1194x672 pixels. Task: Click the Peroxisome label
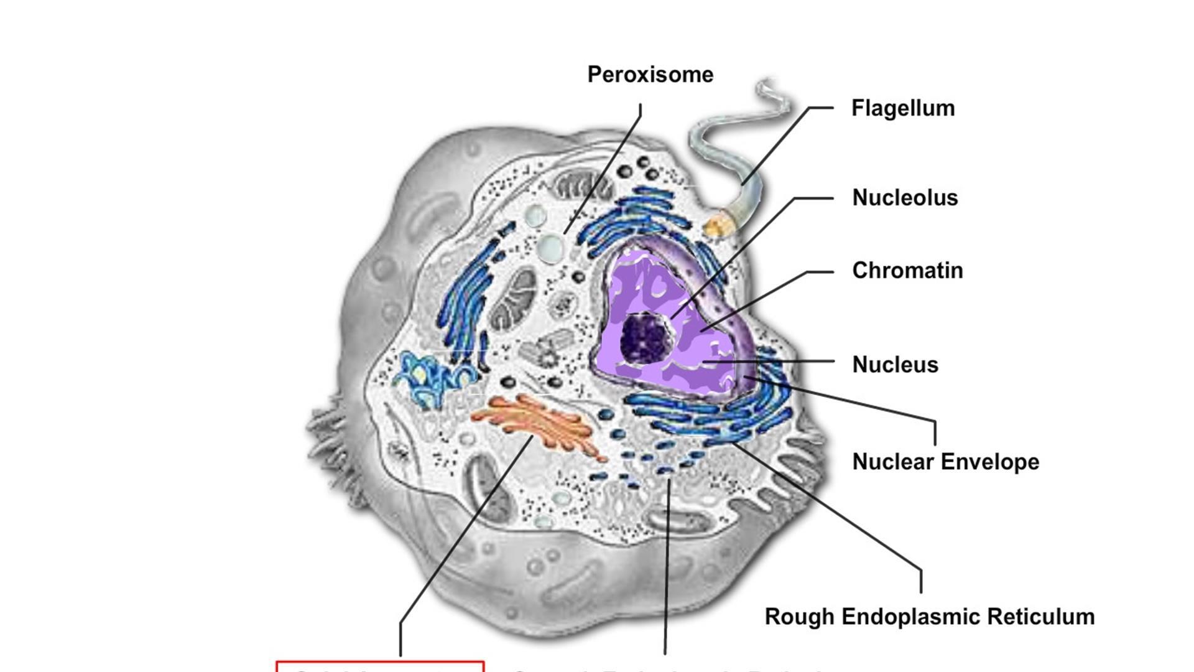[650, 75]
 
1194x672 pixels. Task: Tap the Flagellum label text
[902, 108]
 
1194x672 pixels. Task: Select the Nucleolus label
[905, 198]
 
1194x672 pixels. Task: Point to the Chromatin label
[907, 271]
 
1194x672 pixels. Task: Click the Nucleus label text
[895, 365]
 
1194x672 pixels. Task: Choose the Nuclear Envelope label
[945, 462]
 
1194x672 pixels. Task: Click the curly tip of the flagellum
[771, 93]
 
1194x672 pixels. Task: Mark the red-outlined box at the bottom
[380, 666]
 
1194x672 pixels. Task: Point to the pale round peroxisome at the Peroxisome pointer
[550, 248]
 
